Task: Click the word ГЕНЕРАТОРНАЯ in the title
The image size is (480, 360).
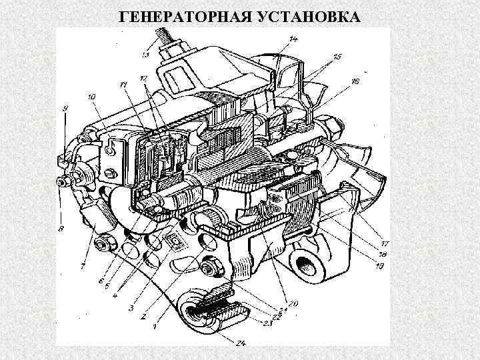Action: pyautogui.click(x=175, y=15)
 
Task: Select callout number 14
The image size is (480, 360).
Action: pyautogui.click(x=294, y=41)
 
